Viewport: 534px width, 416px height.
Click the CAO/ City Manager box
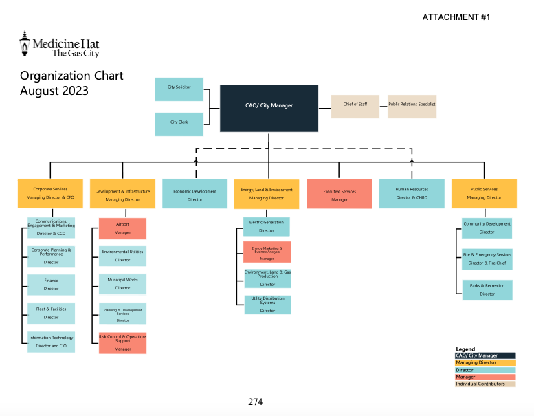coord(269,108)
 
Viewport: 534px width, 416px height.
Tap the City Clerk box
coord(179,124)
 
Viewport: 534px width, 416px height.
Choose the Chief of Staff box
coord(355,106)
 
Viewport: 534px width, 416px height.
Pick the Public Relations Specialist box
coord(412,106)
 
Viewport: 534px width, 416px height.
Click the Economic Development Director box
coord(194,195)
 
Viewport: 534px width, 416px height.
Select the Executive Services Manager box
coord(340,195)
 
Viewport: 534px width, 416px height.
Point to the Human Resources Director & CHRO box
coord(412,194)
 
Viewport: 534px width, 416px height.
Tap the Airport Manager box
coord(122,228)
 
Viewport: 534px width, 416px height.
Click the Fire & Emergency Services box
coord(487,259)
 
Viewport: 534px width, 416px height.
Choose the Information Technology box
coord(52,342)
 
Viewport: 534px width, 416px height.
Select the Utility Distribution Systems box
coord(267,305)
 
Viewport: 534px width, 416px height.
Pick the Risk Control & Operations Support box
coord(122,343)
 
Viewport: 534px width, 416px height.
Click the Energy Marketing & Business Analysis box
coord(267,252)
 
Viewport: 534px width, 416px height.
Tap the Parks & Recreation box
coord(487,289)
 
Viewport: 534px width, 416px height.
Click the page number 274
coord(255,402)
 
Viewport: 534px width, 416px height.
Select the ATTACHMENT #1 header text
coord(456,17)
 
